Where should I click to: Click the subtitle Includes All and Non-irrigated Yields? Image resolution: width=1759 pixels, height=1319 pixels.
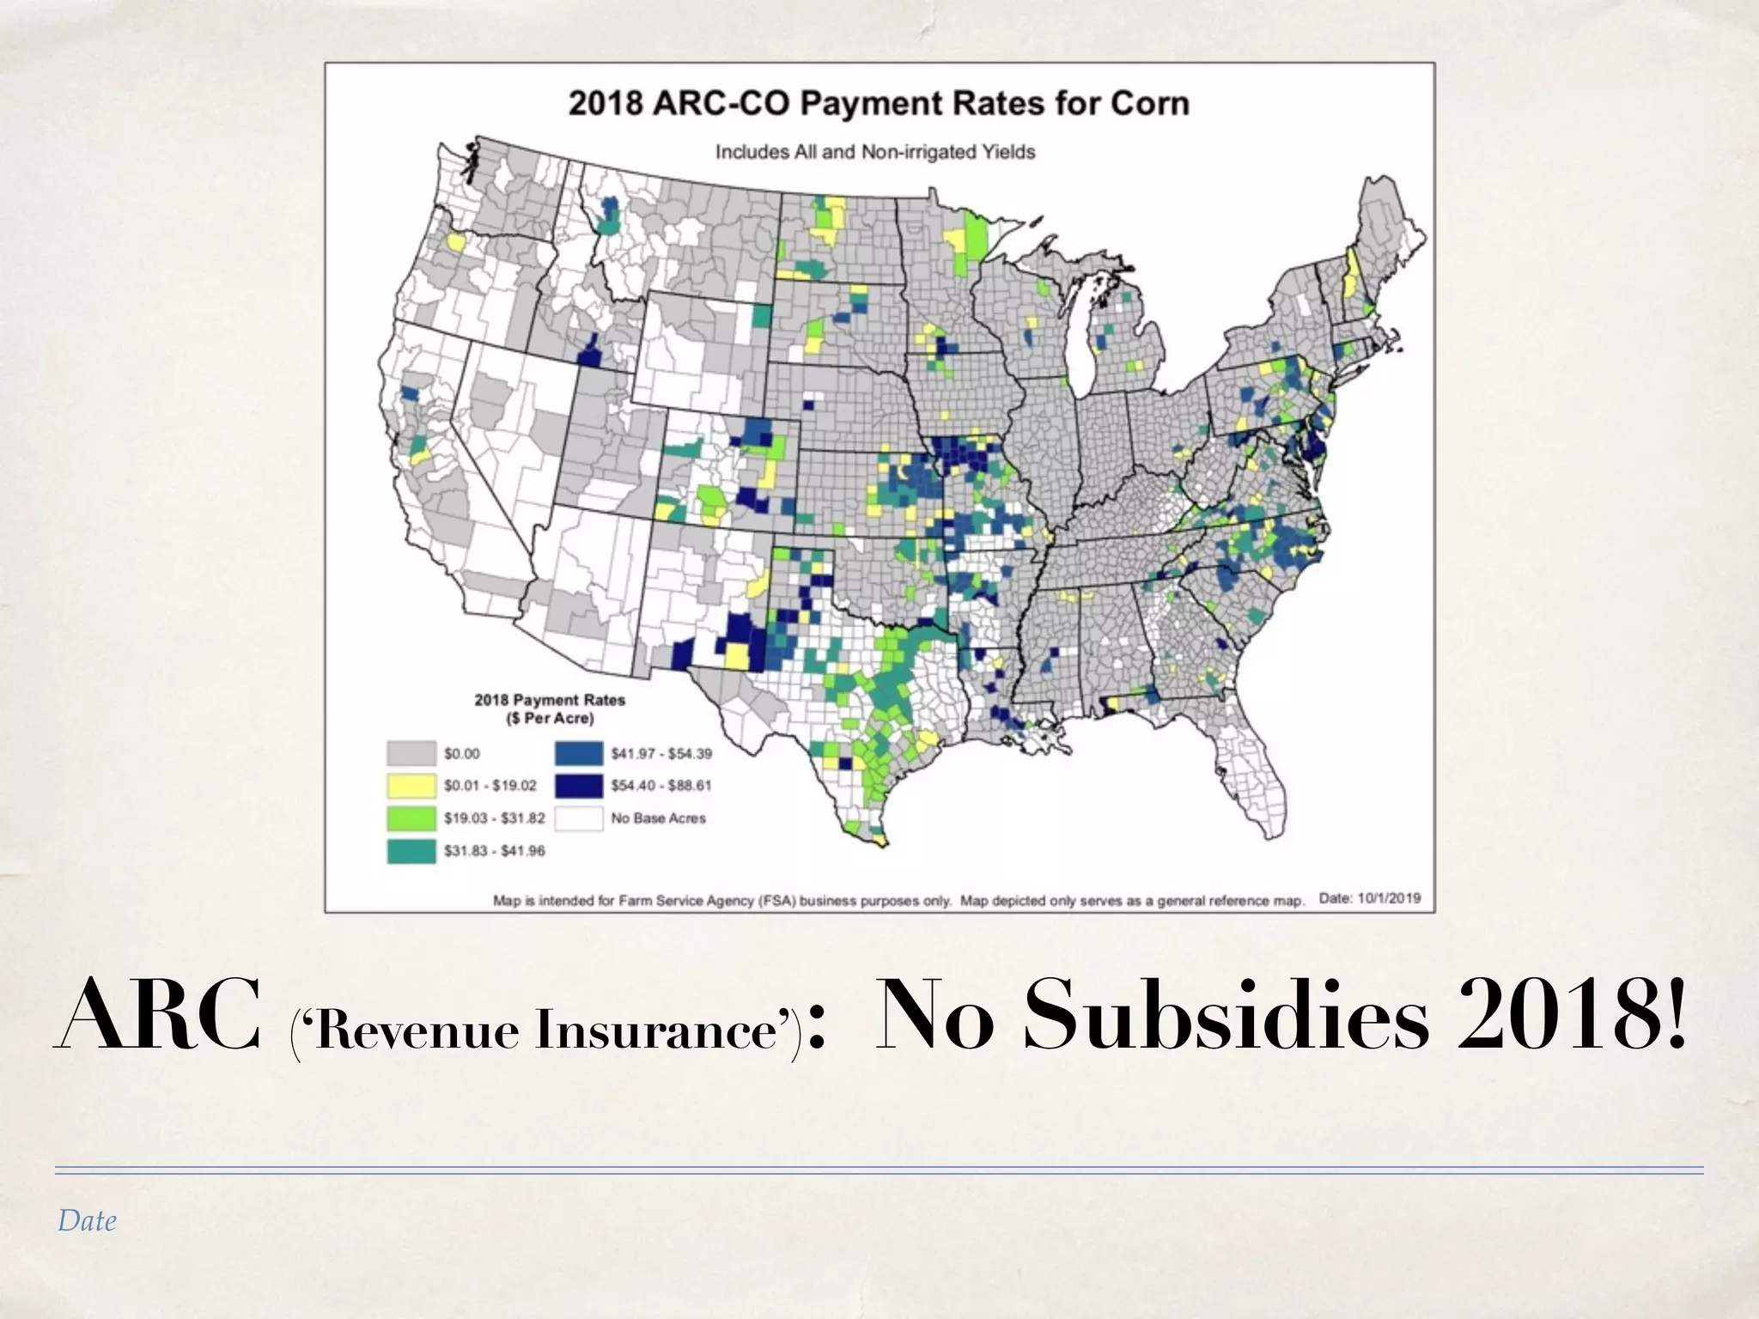875,152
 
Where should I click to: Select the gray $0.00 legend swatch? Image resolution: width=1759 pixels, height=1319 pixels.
411,753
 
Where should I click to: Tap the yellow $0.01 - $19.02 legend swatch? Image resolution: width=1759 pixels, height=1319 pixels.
411,785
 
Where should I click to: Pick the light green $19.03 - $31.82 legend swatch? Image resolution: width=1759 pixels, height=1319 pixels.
411,818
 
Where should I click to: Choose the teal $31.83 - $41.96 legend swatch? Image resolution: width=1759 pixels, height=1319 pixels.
411,850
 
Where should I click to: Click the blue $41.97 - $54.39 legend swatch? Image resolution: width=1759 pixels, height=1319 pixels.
578,753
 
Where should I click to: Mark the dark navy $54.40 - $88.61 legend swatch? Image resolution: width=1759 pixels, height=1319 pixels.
578,785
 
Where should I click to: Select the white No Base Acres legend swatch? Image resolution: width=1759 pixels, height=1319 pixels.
578,818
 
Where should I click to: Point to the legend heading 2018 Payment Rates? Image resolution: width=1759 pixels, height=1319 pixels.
550,700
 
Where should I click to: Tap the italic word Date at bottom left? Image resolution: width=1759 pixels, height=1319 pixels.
87,1221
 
